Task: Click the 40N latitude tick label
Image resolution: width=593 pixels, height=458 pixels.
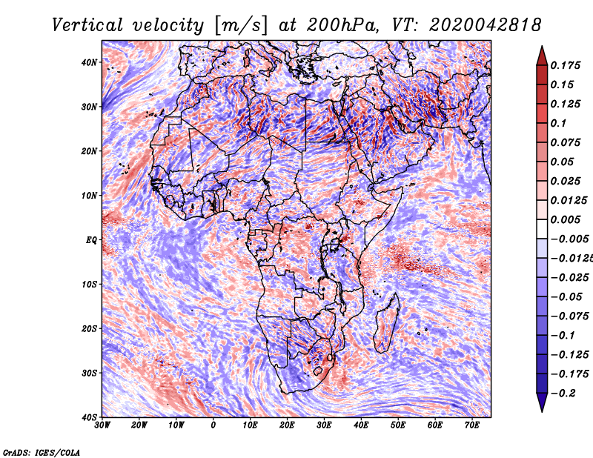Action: point(89,62)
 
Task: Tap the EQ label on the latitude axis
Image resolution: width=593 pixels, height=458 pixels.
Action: point(91,240)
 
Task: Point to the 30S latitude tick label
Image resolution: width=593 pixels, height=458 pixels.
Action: point(89,374)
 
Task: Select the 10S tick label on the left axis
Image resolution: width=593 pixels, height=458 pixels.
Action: point(89,285)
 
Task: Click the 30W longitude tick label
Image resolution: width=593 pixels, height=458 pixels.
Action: point(102,425)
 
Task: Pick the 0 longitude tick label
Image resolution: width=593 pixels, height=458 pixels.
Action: point(213,425)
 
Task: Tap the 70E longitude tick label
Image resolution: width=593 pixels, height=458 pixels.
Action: point(471,425)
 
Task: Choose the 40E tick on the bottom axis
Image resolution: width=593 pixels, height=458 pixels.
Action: point(361,425)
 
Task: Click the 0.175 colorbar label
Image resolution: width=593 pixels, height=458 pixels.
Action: point(565,65)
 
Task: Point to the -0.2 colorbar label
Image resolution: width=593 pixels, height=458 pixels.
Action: point(563,394)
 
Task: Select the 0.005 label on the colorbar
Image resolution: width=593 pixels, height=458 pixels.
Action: point(565,219)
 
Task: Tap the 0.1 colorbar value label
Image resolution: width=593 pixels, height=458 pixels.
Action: point(558,123)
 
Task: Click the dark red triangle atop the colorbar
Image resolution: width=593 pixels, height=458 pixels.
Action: point(542,57)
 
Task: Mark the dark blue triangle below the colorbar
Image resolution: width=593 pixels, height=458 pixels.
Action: point(542,402)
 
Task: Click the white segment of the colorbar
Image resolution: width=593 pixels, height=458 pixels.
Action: point(542,229)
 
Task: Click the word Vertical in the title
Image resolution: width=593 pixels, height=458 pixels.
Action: point(87,25)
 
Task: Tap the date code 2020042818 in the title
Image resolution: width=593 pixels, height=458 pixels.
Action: point(486,25)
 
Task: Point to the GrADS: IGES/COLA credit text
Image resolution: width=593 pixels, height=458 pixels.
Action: point(42,452)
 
